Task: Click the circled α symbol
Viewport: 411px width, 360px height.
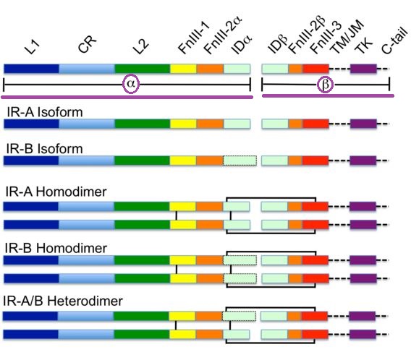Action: click(x=131, y=85)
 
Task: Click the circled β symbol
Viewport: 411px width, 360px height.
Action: click(x=325, y=85)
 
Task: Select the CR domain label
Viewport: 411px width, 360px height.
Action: click(x=88, y=44)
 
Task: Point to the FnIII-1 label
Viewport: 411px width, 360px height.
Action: click(x=193, y=38)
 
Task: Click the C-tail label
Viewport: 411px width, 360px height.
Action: click(x=394, y=41)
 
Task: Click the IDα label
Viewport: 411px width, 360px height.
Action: click(x=242, y=44)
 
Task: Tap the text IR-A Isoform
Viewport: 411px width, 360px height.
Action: click(x=45, y=112)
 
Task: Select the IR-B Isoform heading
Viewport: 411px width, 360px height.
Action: click(x=44, y=149)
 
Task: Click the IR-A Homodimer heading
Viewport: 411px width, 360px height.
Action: click(x=56, y=192)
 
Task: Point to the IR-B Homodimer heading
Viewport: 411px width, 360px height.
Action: click(x=56, y=248)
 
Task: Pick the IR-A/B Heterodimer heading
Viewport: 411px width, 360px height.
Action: click(x=63, y=301)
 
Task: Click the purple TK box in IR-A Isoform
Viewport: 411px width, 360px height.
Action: click(x=363, y=124)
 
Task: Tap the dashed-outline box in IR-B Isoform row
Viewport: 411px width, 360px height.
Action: click(x=240, y=160)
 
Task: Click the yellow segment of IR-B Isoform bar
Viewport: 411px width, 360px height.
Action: click(x=183, y=160)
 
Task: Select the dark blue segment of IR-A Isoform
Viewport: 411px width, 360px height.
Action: click(x=31, y=124)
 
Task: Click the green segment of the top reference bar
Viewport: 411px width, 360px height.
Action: click(x=143, y=69)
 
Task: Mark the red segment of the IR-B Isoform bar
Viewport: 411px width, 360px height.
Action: click(x=315, y=160)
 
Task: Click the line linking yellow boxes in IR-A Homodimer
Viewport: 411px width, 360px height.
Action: click(x=177, y=215)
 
